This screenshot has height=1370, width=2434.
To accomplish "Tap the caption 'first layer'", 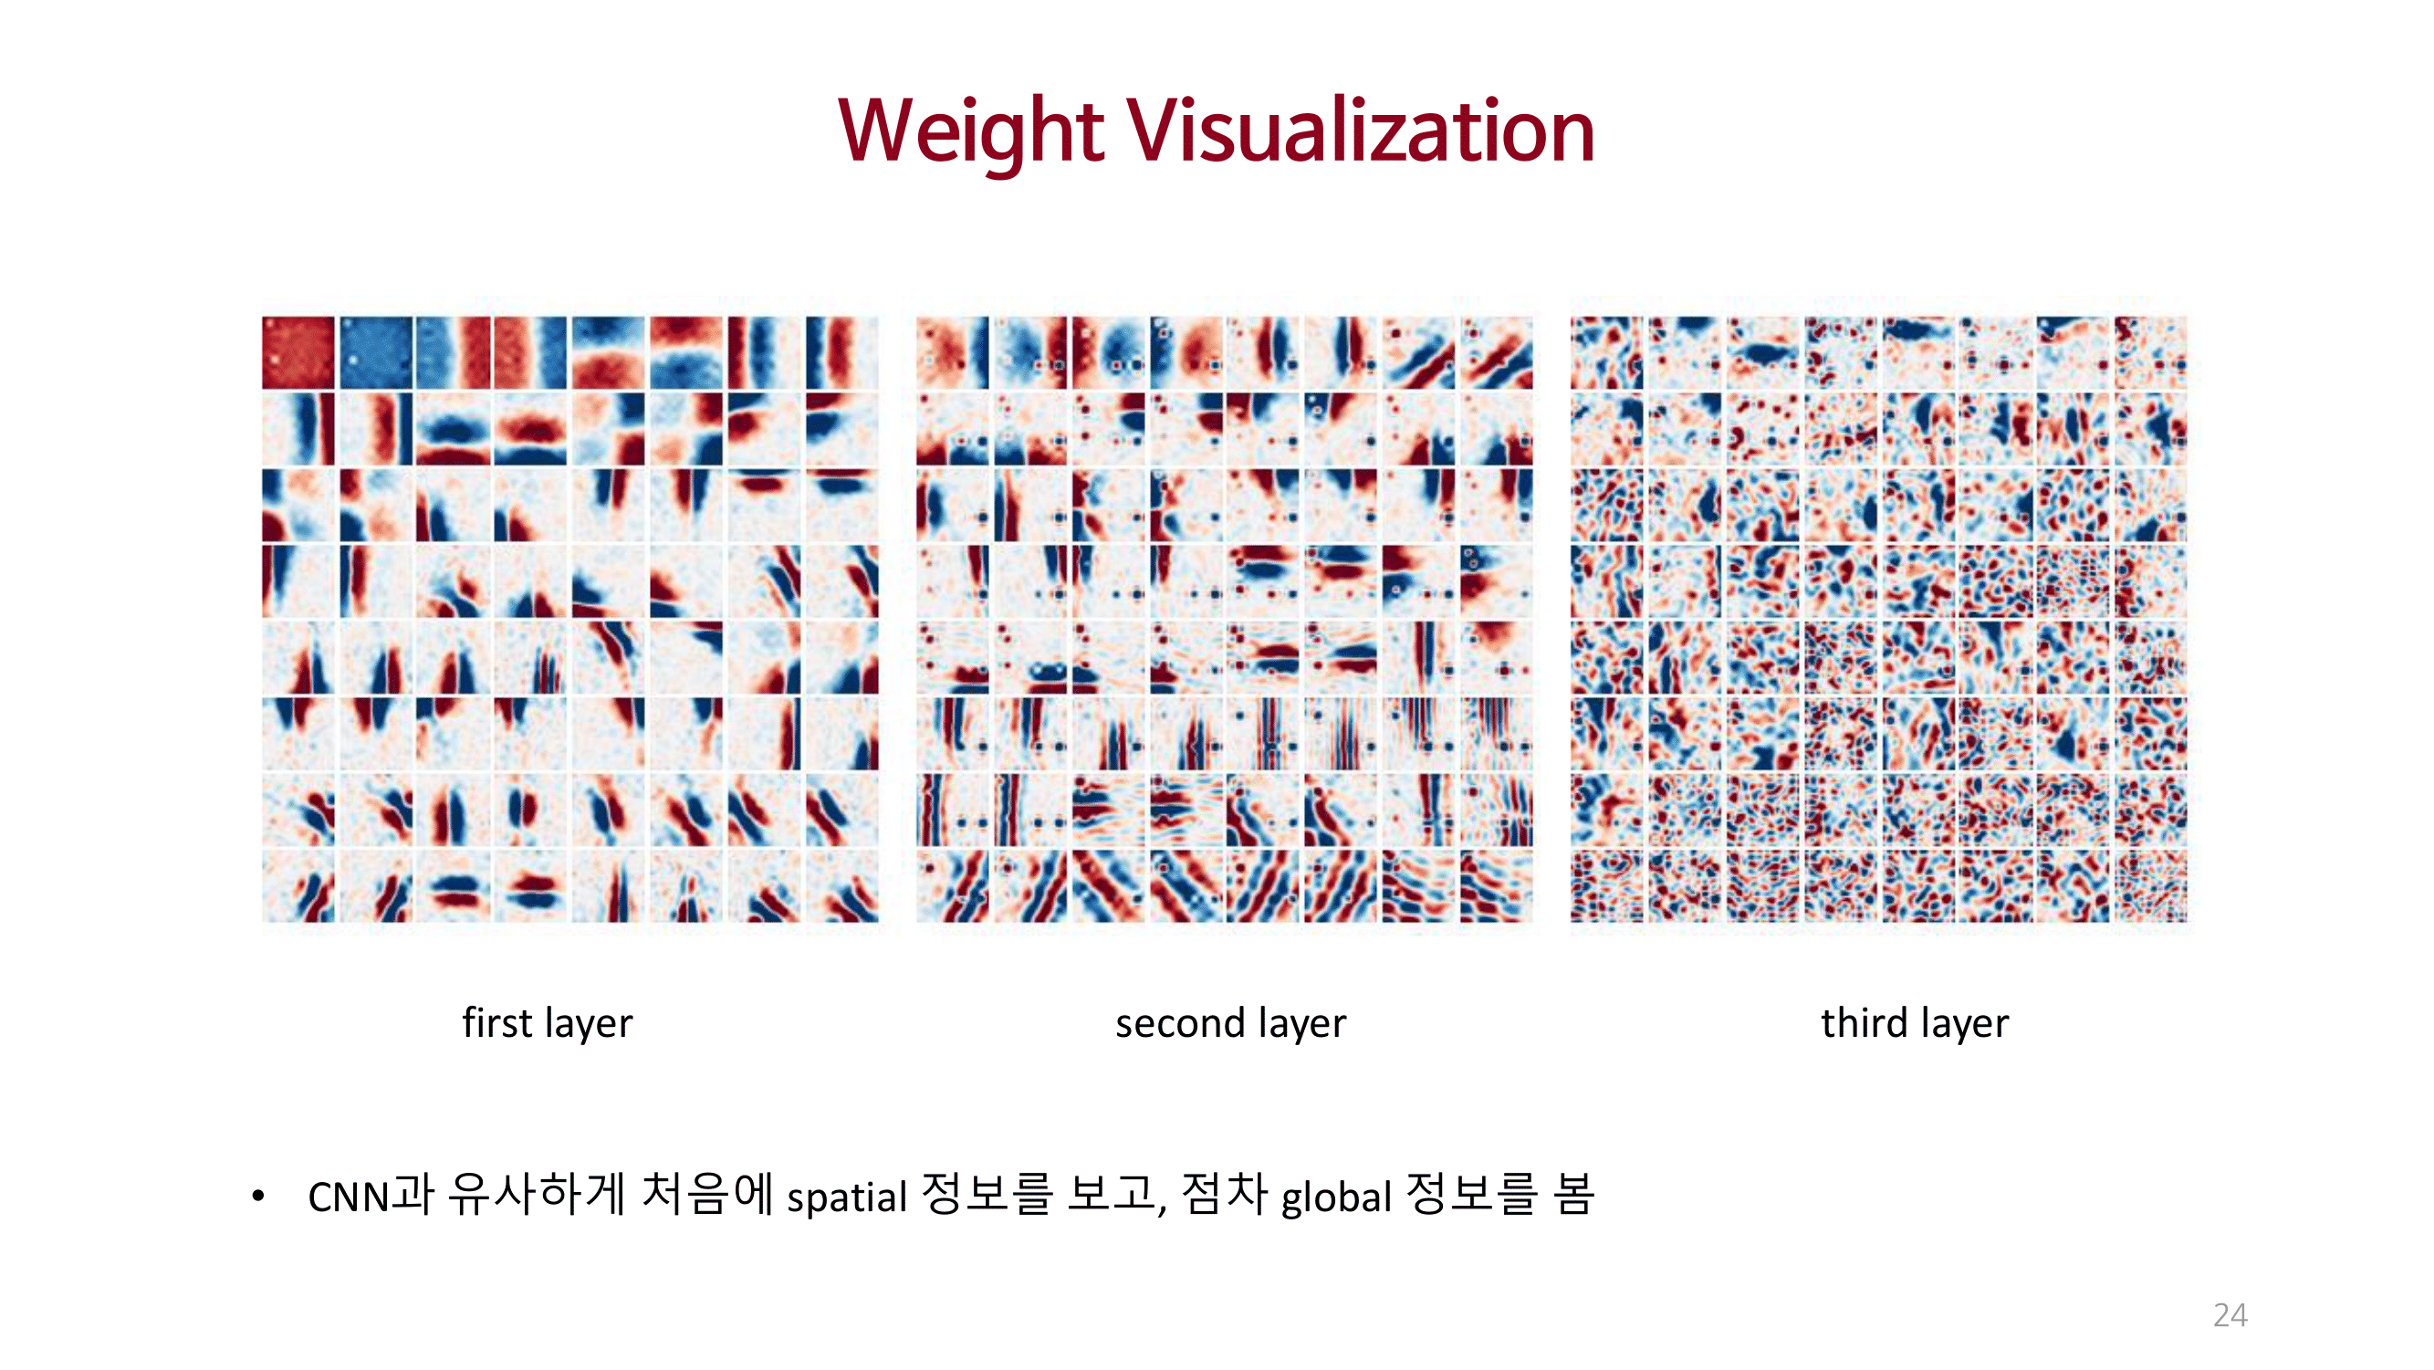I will tap(547, 1023).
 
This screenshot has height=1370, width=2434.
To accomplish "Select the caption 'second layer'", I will tap(1230, 1023).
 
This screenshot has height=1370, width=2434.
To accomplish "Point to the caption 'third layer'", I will tap(1915, 1023).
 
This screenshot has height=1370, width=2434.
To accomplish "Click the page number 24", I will tap(2230, 1314).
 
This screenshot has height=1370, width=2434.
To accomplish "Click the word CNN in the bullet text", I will tap(349, 1197).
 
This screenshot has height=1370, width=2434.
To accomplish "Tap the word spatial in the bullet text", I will tap(847, 1197).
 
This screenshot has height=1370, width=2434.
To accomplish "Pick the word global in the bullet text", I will tap(1336, 1197).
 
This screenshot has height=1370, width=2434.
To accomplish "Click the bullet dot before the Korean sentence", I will tap(258, 1197).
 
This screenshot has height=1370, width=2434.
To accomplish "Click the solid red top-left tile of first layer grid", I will tap(298, 352).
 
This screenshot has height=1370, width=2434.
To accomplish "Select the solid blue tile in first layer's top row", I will tap(376, 352).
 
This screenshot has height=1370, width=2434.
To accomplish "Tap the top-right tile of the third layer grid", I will tap(2150, 352).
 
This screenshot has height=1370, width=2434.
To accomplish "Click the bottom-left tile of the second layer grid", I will tap(953, 885).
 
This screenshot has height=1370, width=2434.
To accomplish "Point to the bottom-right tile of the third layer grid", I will tap(2150, 885).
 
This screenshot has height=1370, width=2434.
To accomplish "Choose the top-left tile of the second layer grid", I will tap(953, 352).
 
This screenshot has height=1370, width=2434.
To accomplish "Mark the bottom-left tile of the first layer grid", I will tap(298, 885).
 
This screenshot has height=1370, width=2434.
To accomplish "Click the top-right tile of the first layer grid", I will tap(841, 352).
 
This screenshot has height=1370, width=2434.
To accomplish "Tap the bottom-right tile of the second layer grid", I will tap(1496, 885).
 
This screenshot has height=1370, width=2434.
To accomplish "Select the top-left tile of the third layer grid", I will tap(1606, 352).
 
